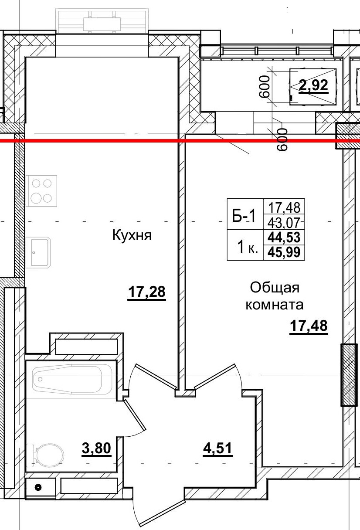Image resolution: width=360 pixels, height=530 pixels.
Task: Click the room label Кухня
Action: point(132,236)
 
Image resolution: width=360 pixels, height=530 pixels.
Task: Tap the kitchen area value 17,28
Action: point(147,292)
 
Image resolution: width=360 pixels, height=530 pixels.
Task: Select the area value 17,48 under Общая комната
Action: point(309,326)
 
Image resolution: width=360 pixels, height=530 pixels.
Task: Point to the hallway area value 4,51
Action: point(217,448)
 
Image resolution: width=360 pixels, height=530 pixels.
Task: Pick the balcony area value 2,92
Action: point(313,85)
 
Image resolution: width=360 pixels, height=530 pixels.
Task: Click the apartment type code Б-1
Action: point(245,215)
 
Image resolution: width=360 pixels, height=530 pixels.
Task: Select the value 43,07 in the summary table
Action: point(284,223)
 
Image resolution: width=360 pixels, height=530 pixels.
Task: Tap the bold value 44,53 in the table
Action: point(284,238)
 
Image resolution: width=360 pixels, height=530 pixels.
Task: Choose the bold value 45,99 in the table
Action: point(284,252)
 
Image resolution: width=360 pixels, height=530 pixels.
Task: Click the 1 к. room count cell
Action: point(247,248)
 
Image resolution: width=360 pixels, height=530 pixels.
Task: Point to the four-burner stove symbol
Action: point(41,190)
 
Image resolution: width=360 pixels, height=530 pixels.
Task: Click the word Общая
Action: point(275,288)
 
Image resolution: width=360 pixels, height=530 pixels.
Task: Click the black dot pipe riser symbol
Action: point(38,487)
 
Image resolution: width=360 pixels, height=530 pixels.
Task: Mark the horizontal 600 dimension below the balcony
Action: point(282,139)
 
